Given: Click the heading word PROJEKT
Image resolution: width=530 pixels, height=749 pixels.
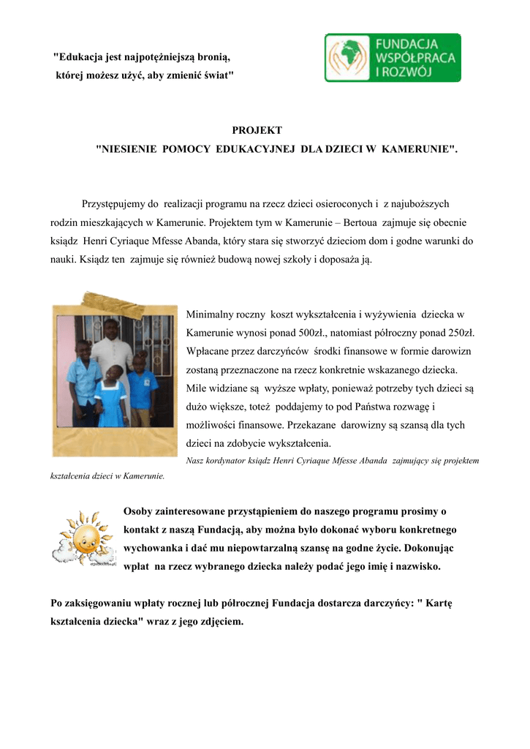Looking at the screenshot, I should (257, 130).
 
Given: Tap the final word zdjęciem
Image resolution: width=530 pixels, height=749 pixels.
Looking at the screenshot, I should (218, 622).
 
